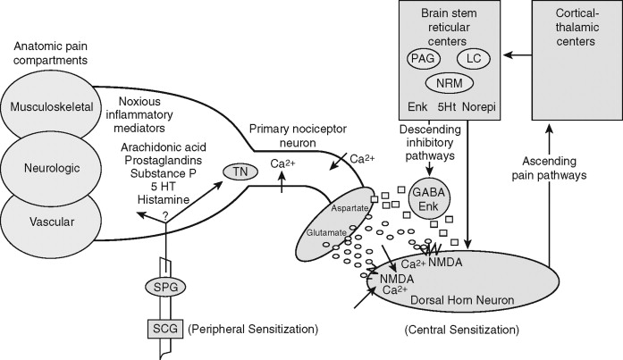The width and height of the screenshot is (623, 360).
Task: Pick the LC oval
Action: [x=475, y=58]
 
